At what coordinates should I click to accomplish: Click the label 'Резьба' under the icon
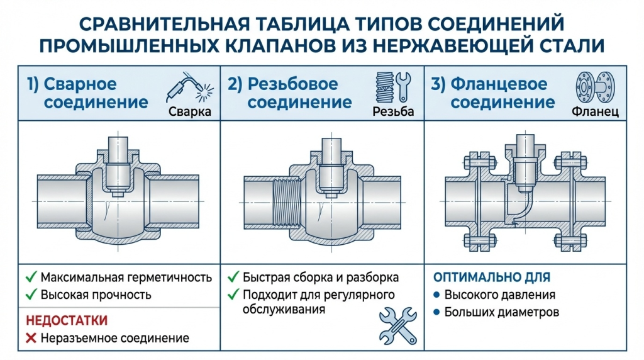coord(394,112)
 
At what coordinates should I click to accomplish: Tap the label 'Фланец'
coord(595,112)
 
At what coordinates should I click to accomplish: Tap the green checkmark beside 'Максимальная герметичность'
coord(30,277)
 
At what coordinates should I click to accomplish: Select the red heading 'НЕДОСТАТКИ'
coord(67,320)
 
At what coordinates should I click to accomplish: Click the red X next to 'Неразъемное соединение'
coord(30,339)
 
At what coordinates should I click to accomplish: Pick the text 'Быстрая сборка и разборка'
coord(320,277)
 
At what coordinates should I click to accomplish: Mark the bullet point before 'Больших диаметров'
coord(436,312)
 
